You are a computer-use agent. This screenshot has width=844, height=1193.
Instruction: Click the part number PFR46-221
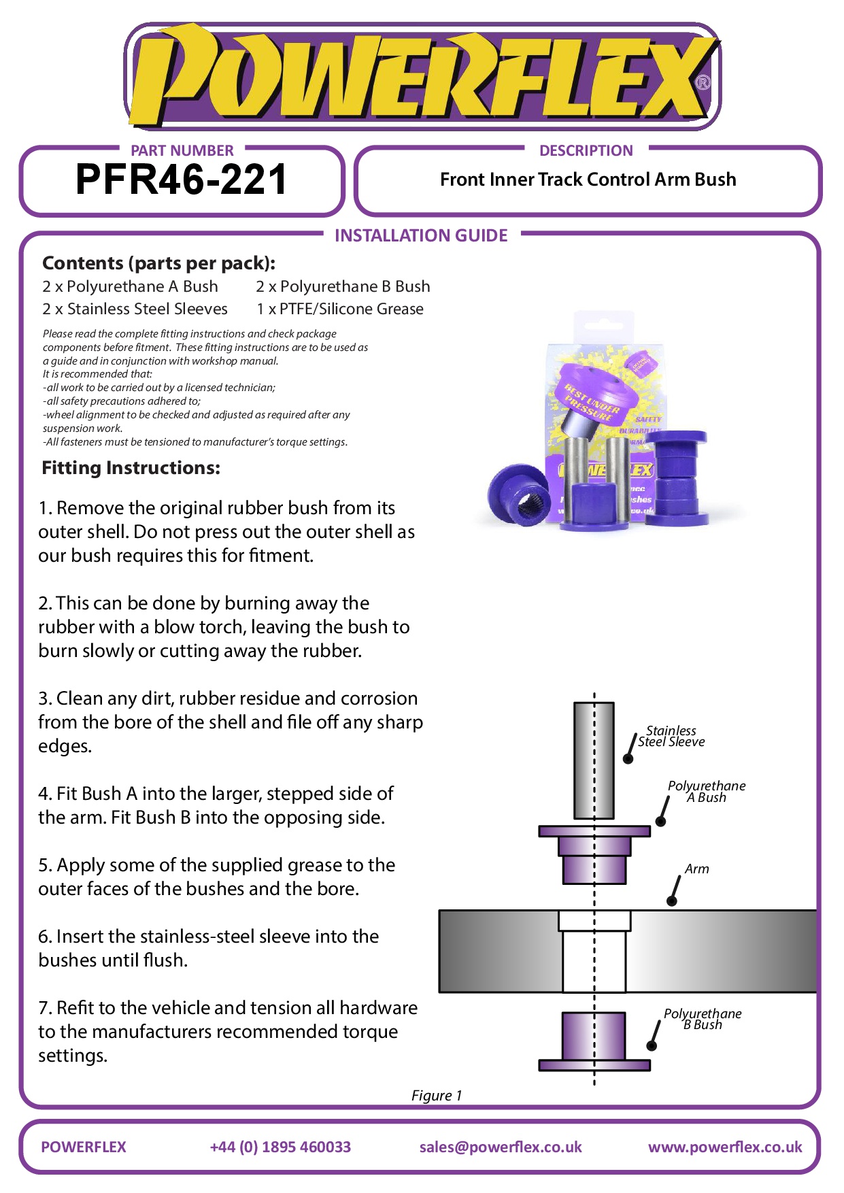point(181,180)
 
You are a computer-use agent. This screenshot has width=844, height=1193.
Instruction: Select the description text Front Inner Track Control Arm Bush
point(588,180)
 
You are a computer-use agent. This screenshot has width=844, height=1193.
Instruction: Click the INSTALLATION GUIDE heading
point(421,235)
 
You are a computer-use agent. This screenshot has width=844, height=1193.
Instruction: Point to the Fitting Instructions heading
point(131,468)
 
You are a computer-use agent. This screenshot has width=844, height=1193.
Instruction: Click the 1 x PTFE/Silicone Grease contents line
point(339,309)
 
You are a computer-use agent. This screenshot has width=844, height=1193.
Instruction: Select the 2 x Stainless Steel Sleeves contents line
point(135,309)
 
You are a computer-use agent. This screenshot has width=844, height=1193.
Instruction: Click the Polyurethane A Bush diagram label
point(706,792)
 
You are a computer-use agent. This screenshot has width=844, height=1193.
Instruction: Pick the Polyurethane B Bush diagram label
point(703,1019)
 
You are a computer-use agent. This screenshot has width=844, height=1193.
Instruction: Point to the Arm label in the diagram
point(696,869)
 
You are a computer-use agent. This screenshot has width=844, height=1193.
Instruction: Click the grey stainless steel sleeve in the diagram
point(594,760)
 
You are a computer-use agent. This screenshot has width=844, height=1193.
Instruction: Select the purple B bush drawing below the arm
point(594,1041)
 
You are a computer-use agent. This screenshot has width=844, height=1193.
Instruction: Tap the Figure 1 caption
point(437,1095)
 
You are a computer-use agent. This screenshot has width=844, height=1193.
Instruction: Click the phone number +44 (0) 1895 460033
point(280,1147)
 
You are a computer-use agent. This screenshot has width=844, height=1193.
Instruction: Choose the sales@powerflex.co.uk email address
point(501,1147)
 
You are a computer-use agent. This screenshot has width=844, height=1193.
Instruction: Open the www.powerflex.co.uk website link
point(725,1147)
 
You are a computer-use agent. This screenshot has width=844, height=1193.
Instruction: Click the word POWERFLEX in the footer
point(84,1147)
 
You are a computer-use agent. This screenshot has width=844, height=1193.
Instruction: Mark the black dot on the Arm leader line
point(672,901)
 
